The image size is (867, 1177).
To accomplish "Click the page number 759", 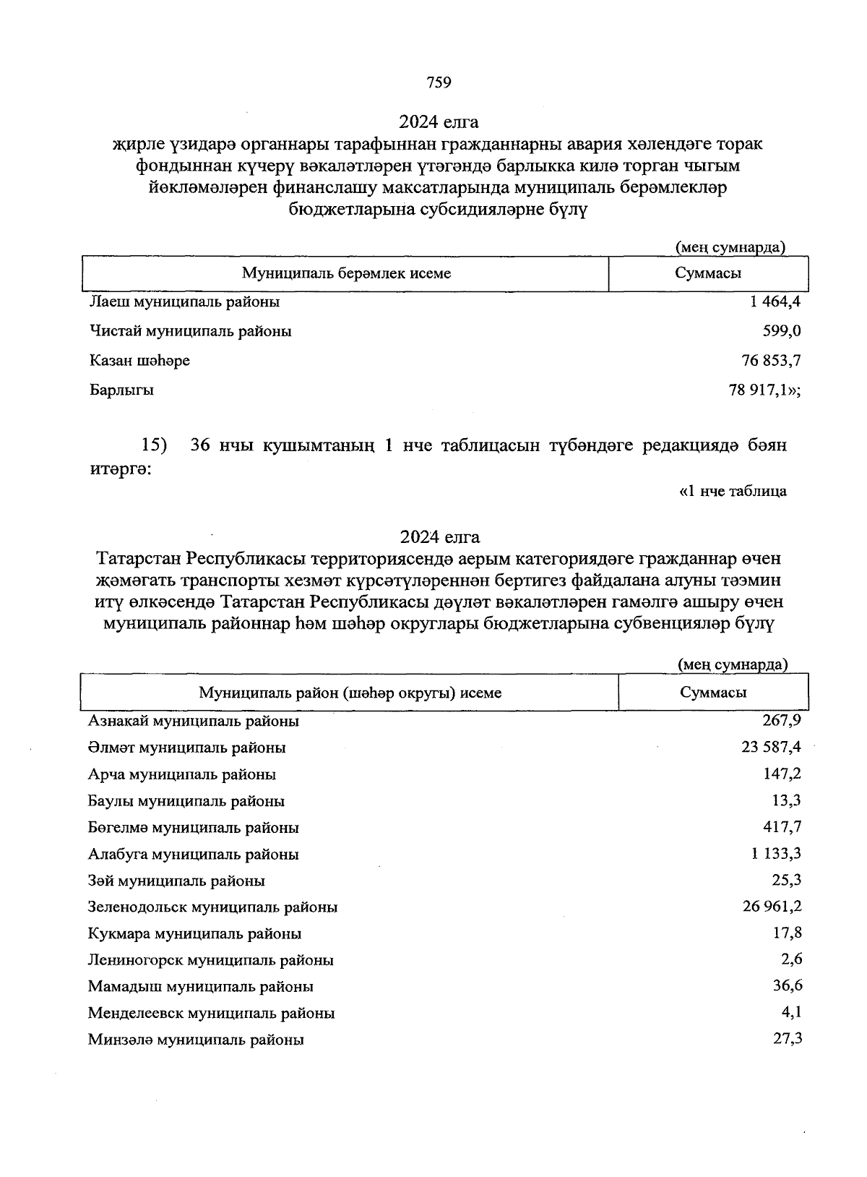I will tap(439, 82).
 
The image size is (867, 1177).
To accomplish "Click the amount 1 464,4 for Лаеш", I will tap(775, 301).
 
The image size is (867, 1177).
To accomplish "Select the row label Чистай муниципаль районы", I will tap(191, 331).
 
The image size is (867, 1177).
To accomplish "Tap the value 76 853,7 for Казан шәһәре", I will tap(771, 360).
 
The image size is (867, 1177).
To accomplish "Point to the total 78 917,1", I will tap(764, 390).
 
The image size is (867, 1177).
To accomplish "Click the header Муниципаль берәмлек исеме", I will tap(346, 273).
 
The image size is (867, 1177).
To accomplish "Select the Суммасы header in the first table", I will tap(708, 273).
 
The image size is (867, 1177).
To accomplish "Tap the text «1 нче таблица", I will tap(733, 492).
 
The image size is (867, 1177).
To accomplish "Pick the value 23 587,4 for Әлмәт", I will tap(771, 747).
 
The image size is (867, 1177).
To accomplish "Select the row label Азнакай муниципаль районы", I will tap(193, 721).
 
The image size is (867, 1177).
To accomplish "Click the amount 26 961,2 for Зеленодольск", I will tap(772, 906).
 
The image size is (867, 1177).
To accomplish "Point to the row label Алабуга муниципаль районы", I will tap(193, 854).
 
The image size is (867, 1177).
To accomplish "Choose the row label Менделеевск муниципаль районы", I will tap(211, 1013).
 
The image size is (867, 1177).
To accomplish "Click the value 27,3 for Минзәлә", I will tap(788, 1039).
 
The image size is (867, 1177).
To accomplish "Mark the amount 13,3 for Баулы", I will tap(787, 800).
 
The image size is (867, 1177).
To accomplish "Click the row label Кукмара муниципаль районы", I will tap(194, 933).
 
